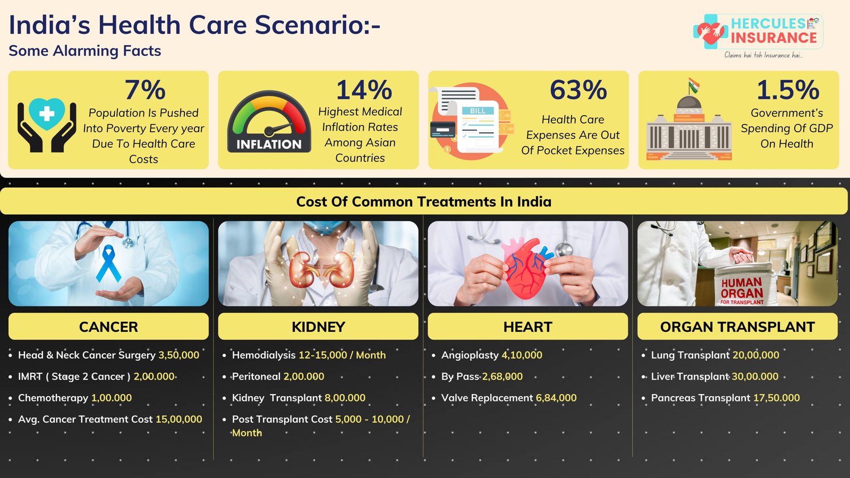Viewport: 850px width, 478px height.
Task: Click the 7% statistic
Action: [145, 90]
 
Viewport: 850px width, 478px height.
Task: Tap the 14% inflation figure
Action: [364, 90]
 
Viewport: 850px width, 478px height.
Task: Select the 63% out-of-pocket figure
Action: [579, 90]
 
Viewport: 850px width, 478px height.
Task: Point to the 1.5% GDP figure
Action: [788, 90]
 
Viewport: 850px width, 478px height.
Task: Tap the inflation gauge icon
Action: [269, 122]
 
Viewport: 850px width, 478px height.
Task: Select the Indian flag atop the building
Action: [694, 86]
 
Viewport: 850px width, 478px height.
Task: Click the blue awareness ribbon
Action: [108, 263]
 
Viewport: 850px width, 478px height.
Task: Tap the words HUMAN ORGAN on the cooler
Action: [742, 287]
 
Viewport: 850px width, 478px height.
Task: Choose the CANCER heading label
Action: [108, 327]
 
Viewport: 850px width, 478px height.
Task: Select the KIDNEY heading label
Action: [318, 327]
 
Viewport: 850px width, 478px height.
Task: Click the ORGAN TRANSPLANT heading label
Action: [737, 327]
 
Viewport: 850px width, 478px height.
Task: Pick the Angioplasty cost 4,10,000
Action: [522, 355]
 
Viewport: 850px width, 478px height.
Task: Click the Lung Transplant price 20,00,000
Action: [756, 355]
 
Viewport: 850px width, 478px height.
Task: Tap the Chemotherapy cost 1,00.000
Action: [112, 398]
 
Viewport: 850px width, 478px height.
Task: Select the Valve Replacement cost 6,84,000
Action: [556, 398]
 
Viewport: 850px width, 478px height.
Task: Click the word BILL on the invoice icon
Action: [478, 111]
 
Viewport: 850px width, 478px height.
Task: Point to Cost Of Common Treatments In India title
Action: [424, 201]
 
